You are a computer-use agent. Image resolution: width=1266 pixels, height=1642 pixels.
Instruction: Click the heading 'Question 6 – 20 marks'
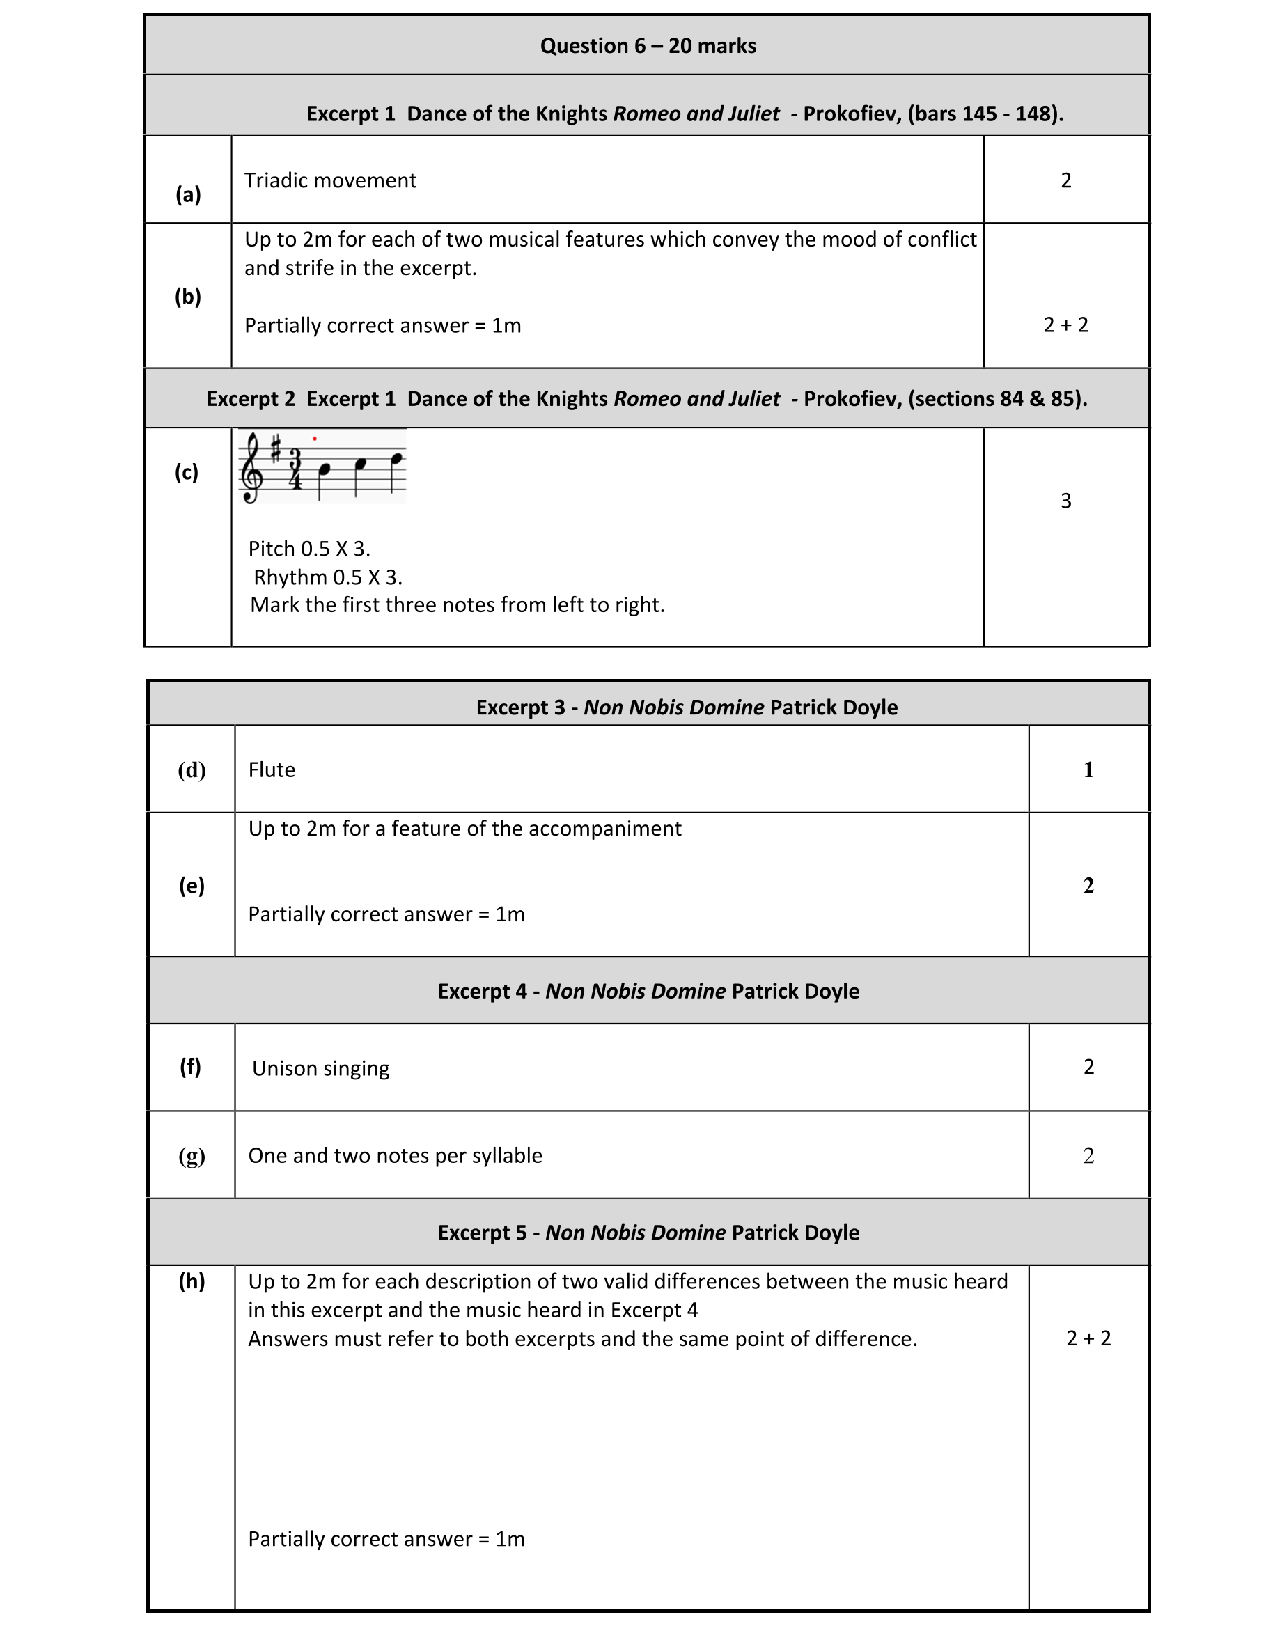[x=648, y=46]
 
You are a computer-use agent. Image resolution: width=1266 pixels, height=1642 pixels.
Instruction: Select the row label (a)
[x=188, y=195]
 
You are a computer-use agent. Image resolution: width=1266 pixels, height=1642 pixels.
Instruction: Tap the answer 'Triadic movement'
[x=330, y=180]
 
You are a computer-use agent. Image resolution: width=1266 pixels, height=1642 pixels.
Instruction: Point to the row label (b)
[x=188, y=296]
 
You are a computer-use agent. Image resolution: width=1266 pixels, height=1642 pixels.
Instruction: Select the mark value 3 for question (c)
[x=1065, y=501]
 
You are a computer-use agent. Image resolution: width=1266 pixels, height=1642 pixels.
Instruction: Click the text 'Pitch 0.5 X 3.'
[x=309, y=549]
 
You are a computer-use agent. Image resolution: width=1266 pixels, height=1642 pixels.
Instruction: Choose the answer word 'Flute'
[x=272, y=770]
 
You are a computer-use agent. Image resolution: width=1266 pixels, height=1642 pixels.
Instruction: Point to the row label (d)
[x=192, y=770]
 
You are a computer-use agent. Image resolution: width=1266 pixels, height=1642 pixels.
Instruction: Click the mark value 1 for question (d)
[x=1088, y=770]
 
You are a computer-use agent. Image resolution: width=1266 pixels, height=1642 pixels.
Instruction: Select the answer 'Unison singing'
[x=320, y=1068]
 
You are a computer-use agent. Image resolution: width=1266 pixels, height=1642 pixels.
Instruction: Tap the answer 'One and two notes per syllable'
[x=395, y=1155]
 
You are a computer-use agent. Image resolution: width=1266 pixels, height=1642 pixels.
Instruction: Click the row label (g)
[x=192, y=1155]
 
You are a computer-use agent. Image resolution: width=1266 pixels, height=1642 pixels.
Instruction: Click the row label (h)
[x=192, y=1281]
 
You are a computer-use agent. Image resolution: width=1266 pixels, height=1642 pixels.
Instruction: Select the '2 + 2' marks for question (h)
[x=1088, y=1338]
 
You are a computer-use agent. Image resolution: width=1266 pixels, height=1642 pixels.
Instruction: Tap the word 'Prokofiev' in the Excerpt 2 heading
[x=852, y=398]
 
